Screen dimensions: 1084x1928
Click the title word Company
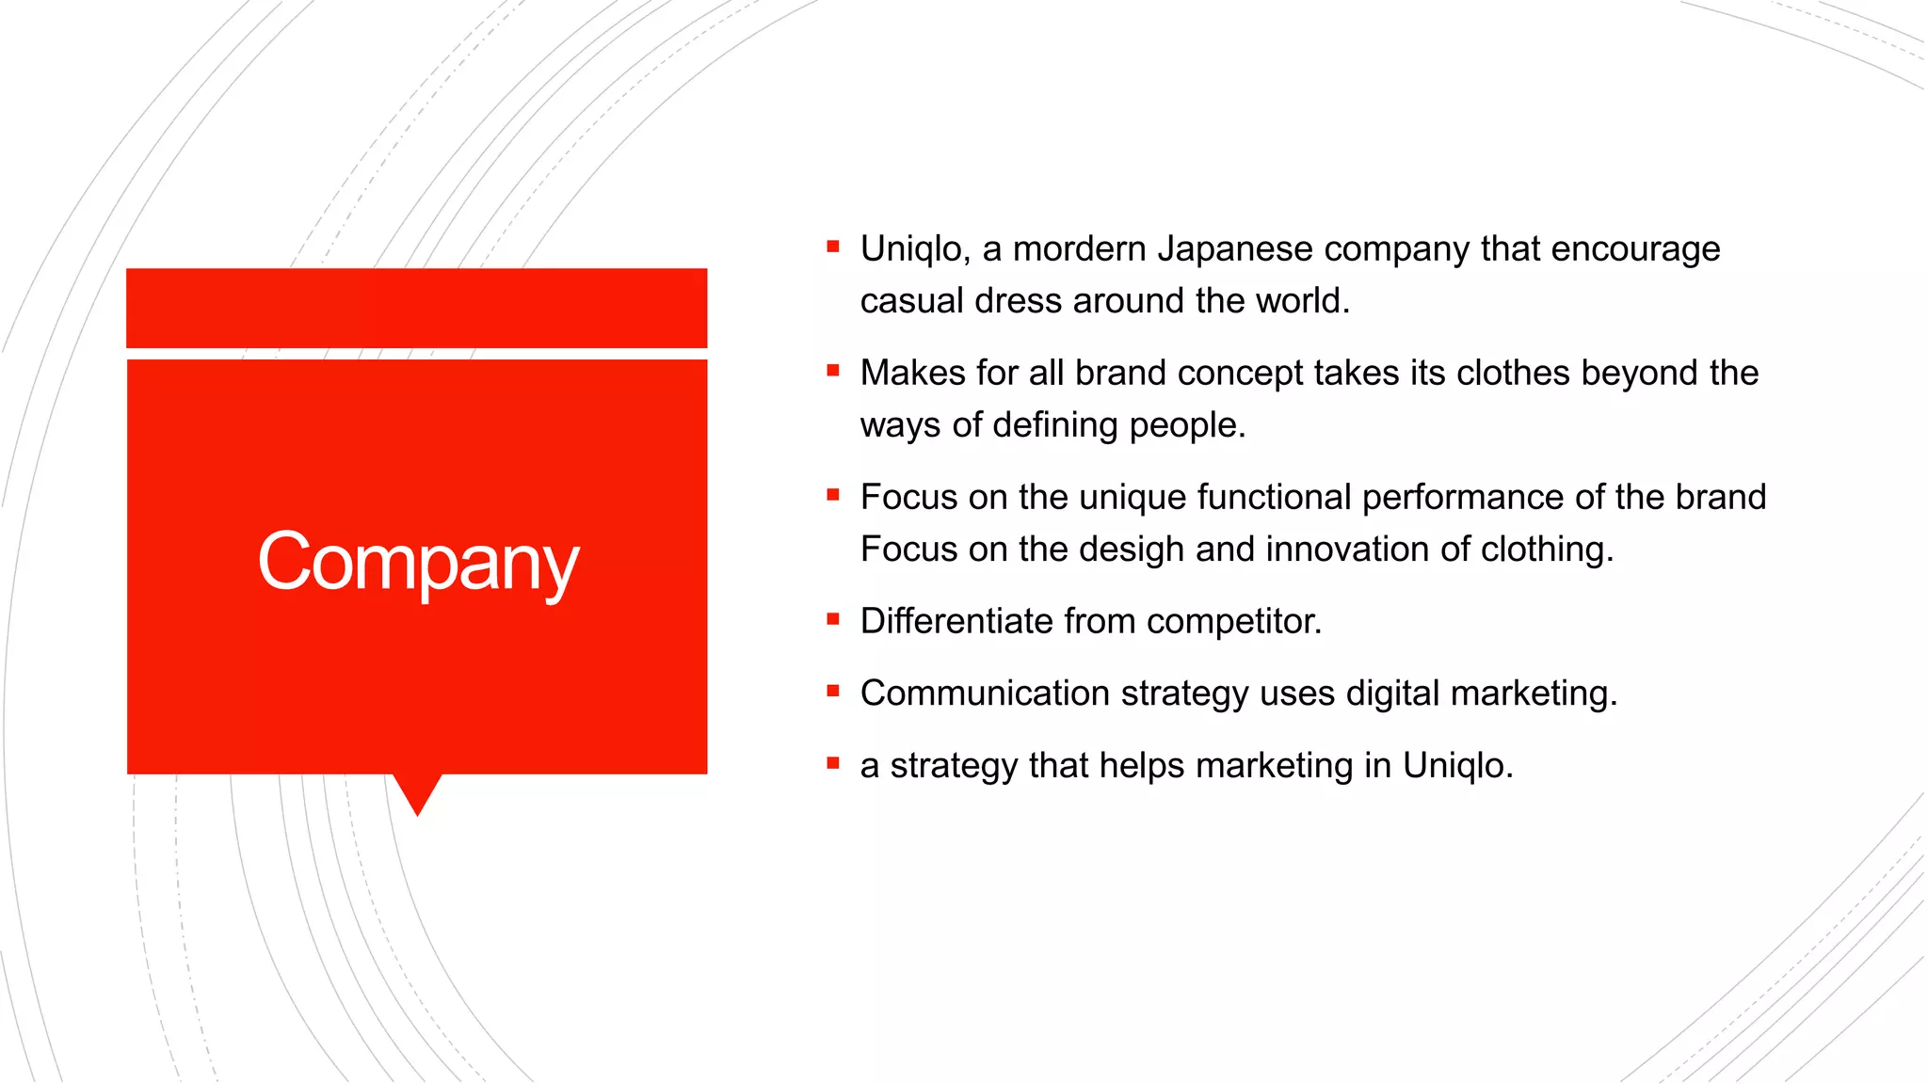(x=418, y=562)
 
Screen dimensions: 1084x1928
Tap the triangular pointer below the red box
(x=417, y=792)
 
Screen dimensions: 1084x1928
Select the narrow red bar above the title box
(x=416, y=308)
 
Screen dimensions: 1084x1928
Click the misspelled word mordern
(x=1079, y=249)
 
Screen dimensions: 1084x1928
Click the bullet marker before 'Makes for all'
(x=832, y=372)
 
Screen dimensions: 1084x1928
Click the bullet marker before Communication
(x=832, y=692)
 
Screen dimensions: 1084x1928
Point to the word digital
(x=1392, y=694)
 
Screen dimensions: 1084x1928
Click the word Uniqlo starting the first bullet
(x=911, y=249)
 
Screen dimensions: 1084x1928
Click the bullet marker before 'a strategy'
(x=832, y=763)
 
